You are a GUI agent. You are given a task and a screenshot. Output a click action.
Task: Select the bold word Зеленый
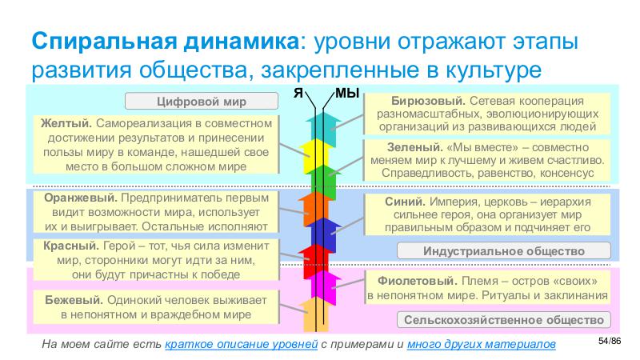[x=409, y=147]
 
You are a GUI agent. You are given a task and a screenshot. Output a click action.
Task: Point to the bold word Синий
[x=401, y=200]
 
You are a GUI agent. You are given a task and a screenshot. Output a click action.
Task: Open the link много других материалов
[x=479, y=344]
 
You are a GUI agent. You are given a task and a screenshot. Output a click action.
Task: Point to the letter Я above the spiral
[x=298, y=93]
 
